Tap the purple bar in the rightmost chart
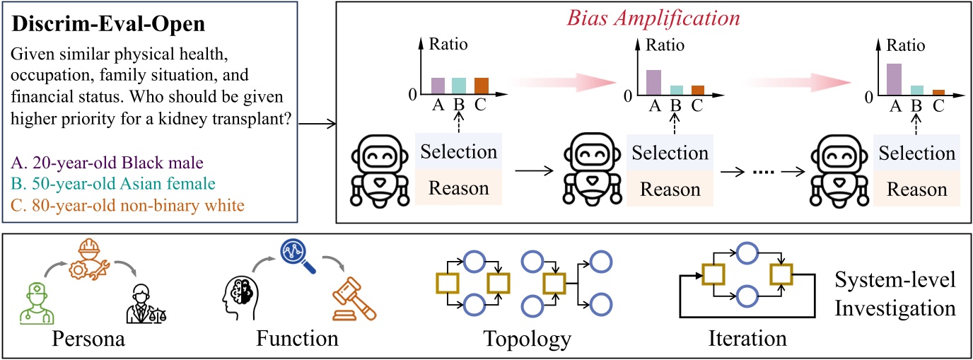coord(894,79)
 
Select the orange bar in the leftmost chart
coord(481,86)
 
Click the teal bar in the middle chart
coord(676,90)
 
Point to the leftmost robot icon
coord(378,174)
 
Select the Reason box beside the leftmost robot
coord(458,188)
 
